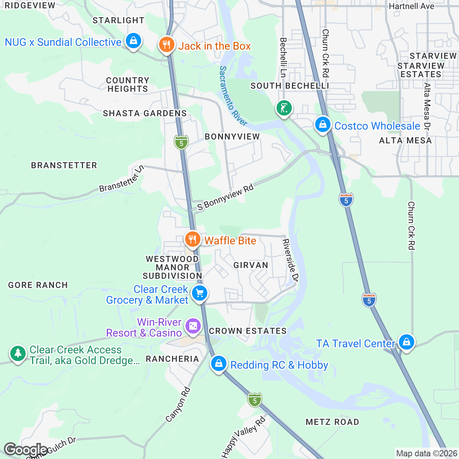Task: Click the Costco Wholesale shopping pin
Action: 323,124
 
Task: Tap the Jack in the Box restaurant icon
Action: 166,45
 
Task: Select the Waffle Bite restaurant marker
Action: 192,239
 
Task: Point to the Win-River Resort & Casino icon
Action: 193,326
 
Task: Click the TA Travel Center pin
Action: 406,342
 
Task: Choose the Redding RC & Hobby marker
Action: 218,363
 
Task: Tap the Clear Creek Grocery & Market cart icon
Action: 199,293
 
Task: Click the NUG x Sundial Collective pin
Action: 133,41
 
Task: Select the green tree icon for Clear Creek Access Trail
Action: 18,353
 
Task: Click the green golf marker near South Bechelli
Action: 284,108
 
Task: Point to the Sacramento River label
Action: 233,96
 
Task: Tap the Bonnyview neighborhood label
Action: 232,137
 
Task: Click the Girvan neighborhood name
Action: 251,265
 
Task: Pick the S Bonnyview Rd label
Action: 225,197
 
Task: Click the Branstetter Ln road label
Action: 122,178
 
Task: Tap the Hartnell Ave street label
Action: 411,6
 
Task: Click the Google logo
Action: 25,450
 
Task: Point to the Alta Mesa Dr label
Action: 427,107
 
